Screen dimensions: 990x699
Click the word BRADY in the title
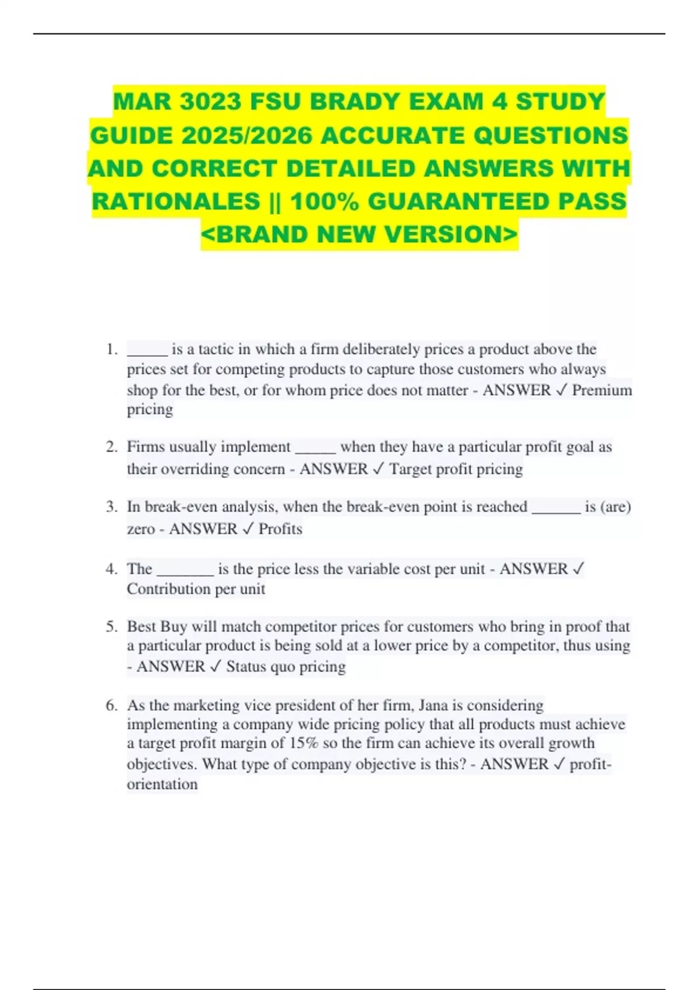pyautogui.click(x=355, y=102)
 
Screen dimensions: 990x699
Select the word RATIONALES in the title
pyautogui.click(x=176, y=201)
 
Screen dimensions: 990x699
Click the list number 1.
pyautogui.click(x=111, y=349)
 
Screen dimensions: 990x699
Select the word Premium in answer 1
pyautogui.click(x=602, y=390)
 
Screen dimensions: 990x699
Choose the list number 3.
pyautogui.click(x=111, y=507)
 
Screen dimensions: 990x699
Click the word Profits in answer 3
pyautogui.click(x=280, y=529)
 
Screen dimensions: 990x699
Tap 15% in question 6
pyautogui.click(x=302, y=743)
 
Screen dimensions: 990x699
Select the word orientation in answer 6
pyautogui.click(x=163, y=784)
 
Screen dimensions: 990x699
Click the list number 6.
pyautogui.click(x=111, y=705)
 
